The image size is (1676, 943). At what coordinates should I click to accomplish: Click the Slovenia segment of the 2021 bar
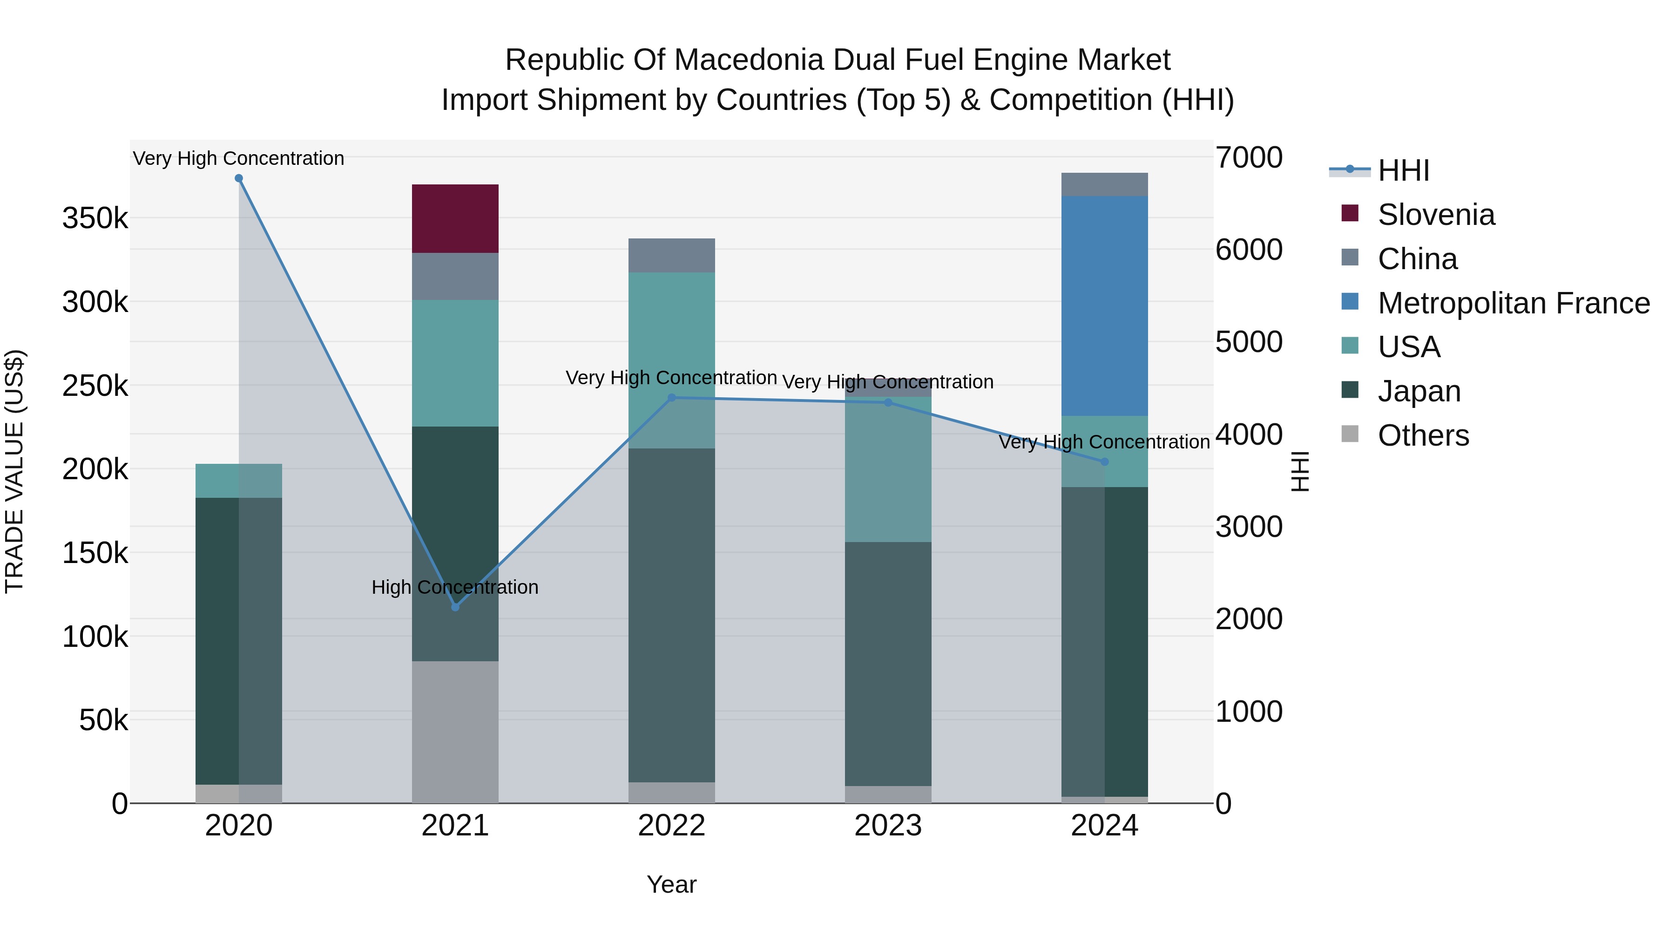pyautogui.click(x=455, y=219)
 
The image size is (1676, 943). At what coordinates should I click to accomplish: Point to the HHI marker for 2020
pyautogui.click(x=239, y=178)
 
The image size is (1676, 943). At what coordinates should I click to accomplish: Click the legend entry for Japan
pyautogui.click(x=1419, y=391)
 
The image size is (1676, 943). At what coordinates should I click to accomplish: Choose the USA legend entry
pyautogui.click(x=1409, y=347)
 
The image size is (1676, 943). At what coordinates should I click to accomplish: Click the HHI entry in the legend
pyautogui.click(x=1403, y=170)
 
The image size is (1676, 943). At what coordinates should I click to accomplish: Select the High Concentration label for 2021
pyautogui.click(x=455, y=587)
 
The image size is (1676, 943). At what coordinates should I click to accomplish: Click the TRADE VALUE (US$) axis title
pyautogui.click(x=14, y=471)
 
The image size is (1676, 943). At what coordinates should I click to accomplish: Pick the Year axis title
pyautogui.click(x=671, y=884)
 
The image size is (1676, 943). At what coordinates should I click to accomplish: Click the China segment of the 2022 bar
pyautogui.click(x=671, y=255)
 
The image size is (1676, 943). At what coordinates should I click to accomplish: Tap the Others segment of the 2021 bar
pyautogui.click(x=455, y=732)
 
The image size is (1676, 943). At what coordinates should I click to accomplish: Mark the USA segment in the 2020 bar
pyautogui.click(x=239, y=481)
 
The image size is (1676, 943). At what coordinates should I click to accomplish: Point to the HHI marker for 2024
pyautogui.click(x=1104, y=462)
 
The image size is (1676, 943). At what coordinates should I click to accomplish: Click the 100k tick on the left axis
pyautogui.click(x=95, y=637)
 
